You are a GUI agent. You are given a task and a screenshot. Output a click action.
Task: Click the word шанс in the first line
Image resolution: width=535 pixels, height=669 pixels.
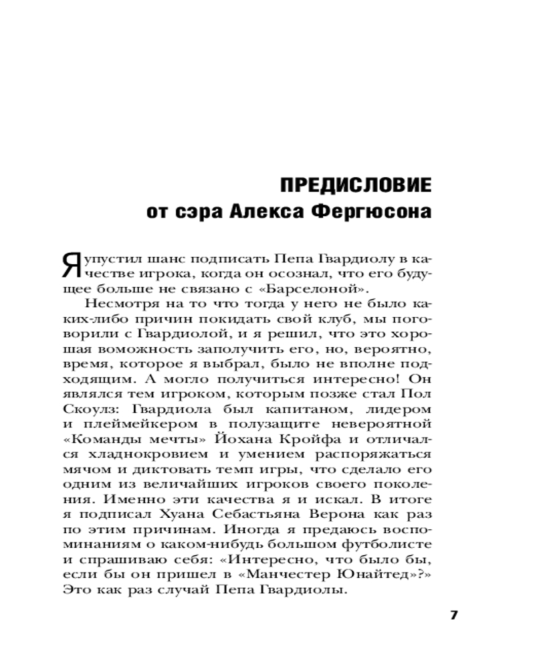163,257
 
